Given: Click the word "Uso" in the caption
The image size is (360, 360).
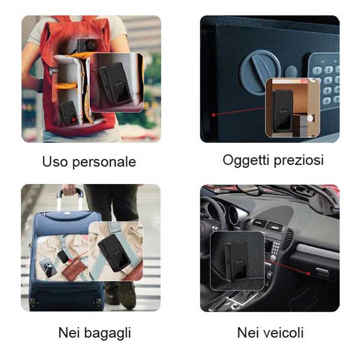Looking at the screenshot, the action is tap(55, 161).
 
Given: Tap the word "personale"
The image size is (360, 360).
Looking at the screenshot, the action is tap(104, 163).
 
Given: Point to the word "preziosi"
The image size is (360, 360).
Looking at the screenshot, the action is tap(299, 160).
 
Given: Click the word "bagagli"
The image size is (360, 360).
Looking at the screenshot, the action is tap(107, 334).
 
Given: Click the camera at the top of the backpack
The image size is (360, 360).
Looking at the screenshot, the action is tap(86, 45).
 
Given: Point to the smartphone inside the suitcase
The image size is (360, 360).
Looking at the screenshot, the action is tap(48, 268).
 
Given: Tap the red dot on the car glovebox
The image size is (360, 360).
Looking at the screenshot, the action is tap(309, 274).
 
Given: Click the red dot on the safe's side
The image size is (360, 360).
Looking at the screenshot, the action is tap(214, 115).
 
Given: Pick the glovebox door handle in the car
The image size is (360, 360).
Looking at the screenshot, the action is tap(322, 271).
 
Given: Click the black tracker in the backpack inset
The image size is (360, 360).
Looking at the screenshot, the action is tap(115, 85).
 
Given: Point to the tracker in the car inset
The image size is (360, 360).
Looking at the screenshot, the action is tap(236, 262).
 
